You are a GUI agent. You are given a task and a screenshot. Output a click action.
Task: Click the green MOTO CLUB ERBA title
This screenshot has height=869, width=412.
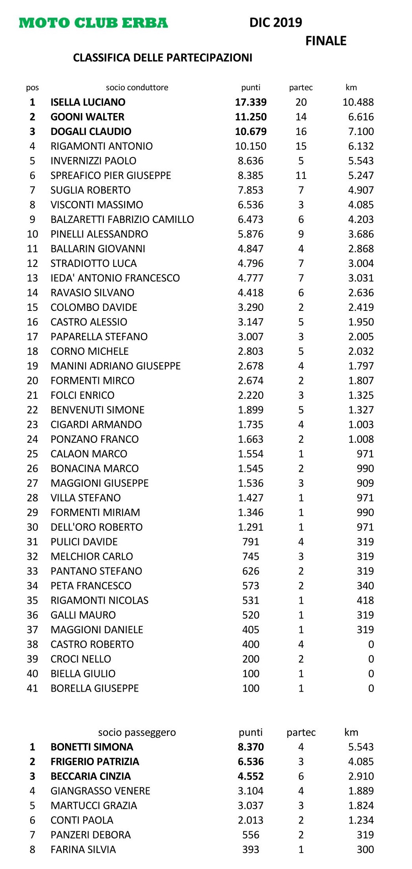tap(93, 23)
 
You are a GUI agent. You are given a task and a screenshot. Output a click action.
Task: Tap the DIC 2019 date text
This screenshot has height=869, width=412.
tap(275, 22)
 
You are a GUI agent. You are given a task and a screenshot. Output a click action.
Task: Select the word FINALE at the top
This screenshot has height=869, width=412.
tap(326, 41)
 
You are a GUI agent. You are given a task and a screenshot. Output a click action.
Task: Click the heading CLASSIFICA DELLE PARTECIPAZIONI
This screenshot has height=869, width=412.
tap(162, 58)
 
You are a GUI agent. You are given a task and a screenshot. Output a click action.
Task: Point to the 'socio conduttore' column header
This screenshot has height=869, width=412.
tap(137, 88)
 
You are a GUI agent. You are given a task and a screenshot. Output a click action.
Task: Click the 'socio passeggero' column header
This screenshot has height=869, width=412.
tap(137, 732)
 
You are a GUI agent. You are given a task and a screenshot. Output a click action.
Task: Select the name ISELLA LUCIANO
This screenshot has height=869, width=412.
tap(88, 102)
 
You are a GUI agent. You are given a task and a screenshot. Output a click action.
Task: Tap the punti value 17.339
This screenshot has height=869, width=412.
tap(251, 102)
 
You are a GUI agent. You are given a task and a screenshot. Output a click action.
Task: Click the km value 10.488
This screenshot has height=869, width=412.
tap(358, 102)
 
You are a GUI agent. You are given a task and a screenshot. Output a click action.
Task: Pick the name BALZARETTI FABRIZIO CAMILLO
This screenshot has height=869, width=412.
tap(122, 219)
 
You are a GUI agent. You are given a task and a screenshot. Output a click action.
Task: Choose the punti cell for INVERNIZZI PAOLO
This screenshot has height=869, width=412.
tap(251, 161)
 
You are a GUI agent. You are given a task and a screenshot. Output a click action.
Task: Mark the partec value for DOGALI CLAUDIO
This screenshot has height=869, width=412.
tap(301, 131)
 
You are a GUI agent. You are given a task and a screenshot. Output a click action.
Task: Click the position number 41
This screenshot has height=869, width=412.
tap(33, 688)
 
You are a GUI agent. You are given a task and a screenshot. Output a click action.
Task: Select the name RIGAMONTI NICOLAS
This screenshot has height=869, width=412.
tap(99, 600)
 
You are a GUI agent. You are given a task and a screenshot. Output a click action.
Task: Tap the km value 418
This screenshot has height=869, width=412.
tap(365, 600)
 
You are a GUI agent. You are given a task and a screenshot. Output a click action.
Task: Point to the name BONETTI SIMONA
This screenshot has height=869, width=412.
tap(92, 747)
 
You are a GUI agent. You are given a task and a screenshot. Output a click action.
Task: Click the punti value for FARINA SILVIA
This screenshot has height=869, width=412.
tap(251, 849)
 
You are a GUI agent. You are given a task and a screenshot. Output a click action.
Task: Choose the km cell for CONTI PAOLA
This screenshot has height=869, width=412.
tap(361, 820)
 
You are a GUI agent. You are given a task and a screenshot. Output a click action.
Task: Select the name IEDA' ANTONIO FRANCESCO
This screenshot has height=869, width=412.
tap(115, 278)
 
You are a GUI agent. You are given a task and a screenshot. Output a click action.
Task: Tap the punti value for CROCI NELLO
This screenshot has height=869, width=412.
tap(251, 659)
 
